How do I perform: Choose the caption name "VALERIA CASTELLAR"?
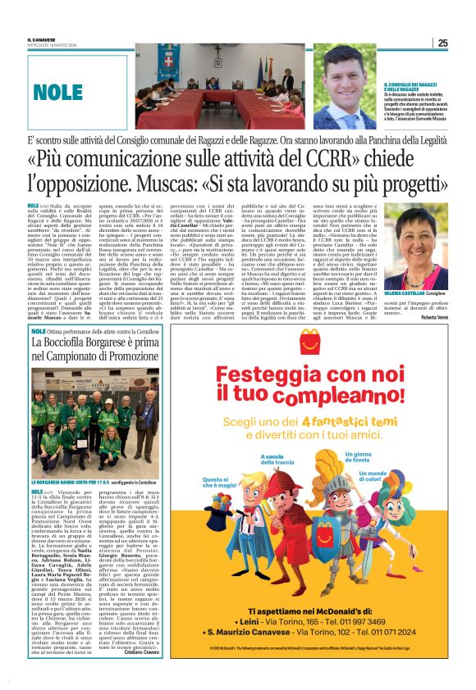pos(407,291)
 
